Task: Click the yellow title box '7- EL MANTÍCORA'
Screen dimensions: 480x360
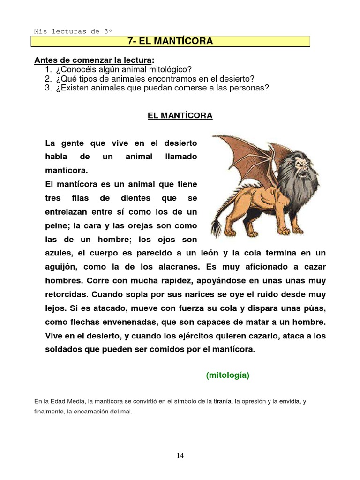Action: (170, 41)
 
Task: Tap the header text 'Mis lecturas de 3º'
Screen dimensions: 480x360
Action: (73, 31)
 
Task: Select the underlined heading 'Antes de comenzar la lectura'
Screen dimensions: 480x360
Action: (93, 60)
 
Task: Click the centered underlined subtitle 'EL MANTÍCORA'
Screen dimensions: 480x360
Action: (180, 115)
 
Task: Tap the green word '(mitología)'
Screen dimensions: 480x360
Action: (228, 375)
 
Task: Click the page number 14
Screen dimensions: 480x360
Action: (180, 455)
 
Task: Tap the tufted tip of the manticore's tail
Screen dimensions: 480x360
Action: (217, 228)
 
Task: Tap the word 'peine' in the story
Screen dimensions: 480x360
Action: (56, 225)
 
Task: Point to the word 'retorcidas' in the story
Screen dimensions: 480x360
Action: (66, 294)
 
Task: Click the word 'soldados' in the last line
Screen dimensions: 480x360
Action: (64, 350)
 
